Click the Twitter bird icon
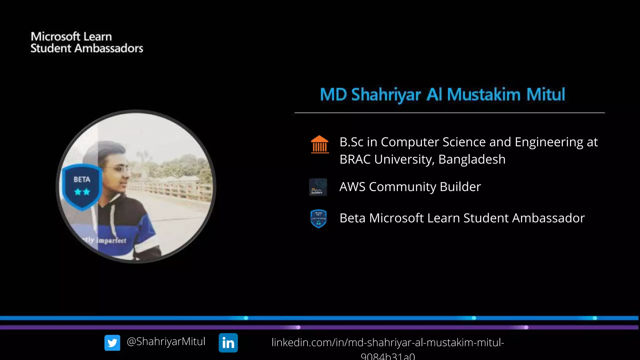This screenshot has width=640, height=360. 112,343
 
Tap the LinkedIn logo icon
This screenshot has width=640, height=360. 228,343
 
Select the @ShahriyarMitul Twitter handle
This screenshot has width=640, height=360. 166,341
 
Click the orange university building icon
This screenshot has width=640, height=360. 320,144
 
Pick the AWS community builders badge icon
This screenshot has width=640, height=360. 318,187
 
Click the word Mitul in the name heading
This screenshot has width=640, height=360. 546,94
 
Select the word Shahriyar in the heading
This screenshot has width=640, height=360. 386,95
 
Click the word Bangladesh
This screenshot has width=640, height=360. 472,159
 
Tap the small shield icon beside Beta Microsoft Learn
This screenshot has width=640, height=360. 318,218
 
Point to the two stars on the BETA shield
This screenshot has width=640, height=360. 82,192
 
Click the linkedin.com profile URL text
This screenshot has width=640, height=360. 387,343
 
